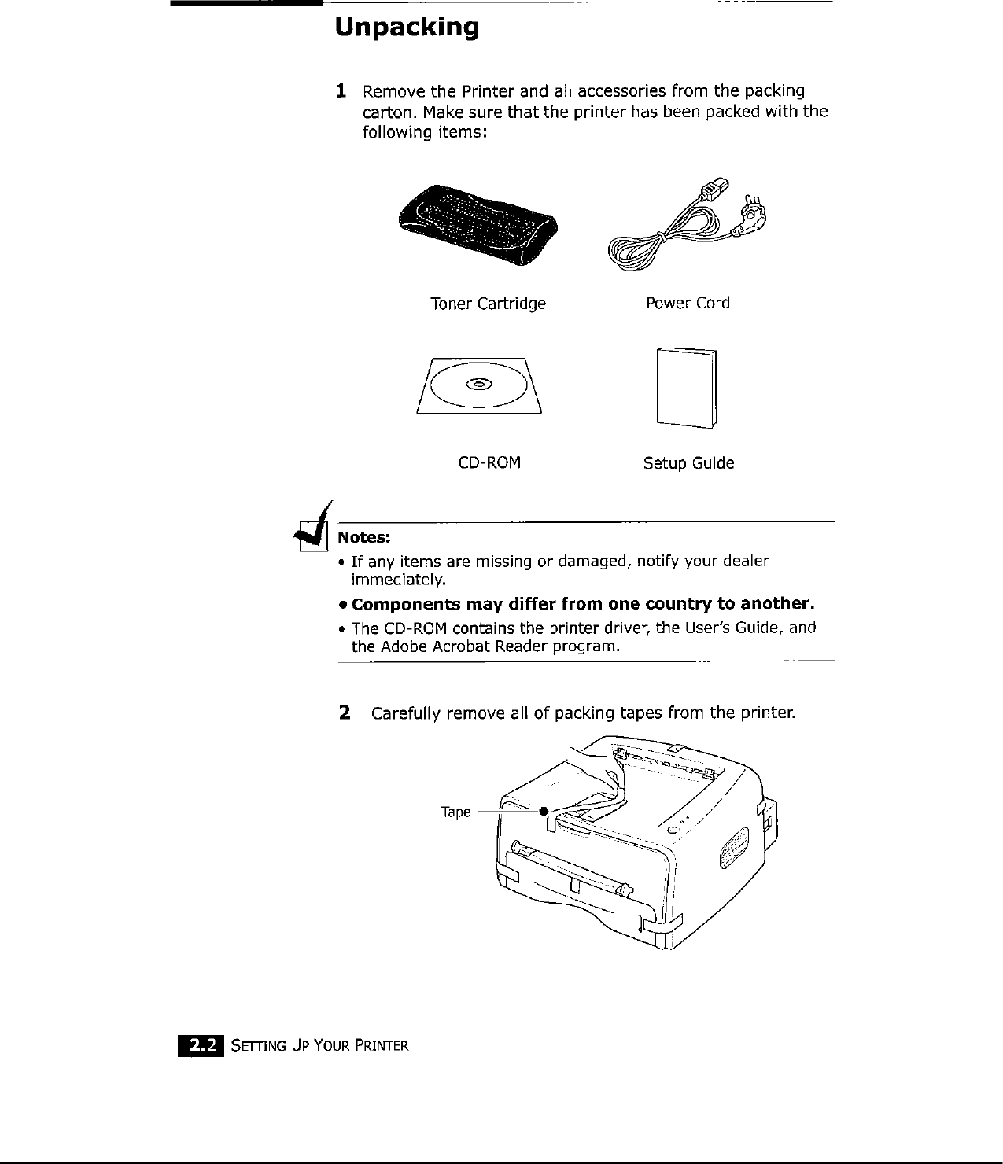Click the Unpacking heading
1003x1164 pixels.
[406, 28]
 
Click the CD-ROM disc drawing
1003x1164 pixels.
[479, 385]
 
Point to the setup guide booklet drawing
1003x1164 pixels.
[686, 388]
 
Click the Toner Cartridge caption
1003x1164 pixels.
[488, 304]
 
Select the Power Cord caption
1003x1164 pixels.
[688, 303]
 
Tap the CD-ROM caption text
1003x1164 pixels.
[489, 462]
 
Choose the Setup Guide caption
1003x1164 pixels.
[688, 463]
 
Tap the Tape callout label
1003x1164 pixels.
[455, 812]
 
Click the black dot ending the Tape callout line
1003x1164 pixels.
[543, 812]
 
